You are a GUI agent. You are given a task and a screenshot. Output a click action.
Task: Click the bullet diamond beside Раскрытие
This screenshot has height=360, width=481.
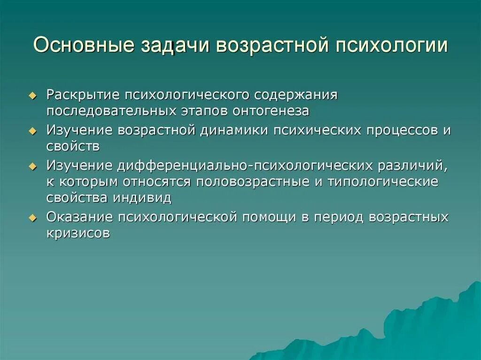click(32, 95)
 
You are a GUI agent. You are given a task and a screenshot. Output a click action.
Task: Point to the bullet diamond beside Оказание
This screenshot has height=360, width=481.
click(32, 218)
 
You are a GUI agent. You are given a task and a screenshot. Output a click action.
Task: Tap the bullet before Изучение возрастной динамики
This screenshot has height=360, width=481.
click(32, 130)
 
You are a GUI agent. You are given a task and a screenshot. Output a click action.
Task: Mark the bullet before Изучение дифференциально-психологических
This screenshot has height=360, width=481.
click(32, 166)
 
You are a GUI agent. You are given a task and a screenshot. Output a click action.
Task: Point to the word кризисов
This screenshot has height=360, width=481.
click(78, 233)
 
